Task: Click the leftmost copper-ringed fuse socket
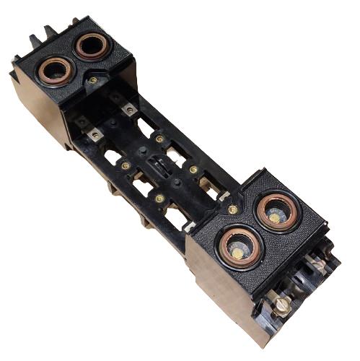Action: tap(55, 71)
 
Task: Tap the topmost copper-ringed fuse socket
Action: tap(92, 46)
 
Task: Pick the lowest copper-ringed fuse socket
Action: tap(240, 246)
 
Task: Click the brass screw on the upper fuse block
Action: tap(93, 80)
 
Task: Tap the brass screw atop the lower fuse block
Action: tap(232, 209)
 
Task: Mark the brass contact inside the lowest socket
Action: tap(238, 252)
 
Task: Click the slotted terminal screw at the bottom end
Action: tap(282, 304)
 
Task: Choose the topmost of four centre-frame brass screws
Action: tap(159, 139)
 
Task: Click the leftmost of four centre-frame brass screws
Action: tap(126, 165)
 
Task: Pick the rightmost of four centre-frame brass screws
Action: tap(193, 170)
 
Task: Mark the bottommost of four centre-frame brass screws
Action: tap(159, 198)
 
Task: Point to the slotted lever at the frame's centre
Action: tap(159, 168)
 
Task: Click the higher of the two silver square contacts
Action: tap(128, 109)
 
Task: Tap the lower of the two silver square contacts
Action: tap(95, 134)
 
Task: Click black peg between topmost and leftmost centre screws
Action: tap(141, 152)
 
